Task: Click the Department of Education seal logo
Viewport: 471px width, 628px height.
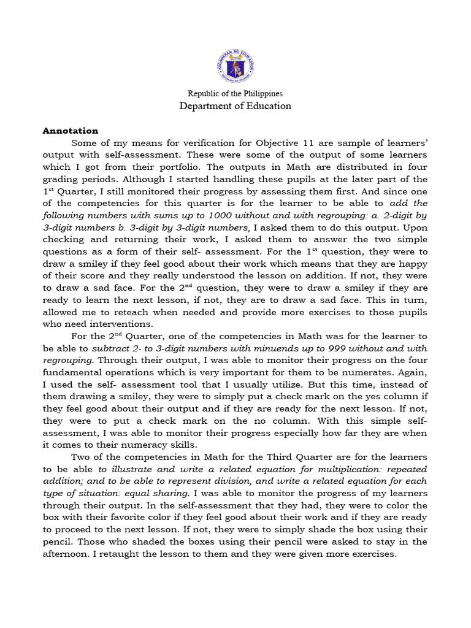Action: (235, 66)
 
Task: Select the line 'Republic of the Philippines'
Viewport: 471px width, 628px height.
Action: (235, 94)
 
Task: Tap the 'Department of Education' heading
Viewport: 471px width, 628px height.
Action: (235, 106)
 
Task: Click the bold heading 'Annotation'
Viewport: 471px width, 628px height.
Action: (70, 131)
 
